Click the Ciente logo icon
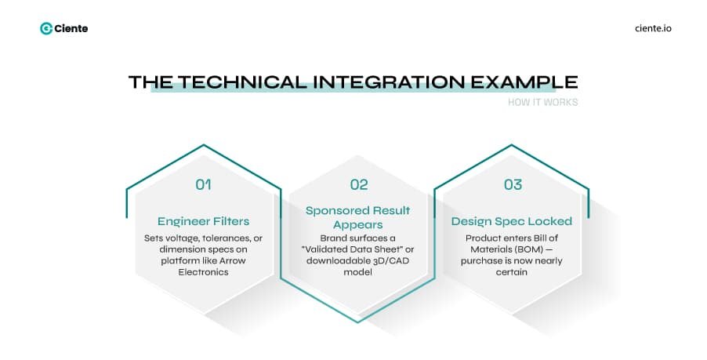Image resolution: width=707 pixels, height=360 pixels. pos(46,28)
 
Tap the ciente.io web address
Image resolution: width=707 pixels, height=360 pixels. pos(653,28)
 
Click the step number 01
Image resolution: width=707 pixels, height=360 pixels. pos(204,185)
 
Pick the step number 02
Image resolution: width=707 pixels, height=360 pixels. pos(359,185)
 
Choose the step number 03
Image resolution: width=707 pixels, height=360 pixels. pos(513,185)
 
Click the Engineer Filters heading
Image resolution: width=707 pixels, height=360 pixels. pos(204,221)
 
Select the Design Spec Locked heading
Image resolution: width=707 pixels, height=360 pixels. pos(512,221)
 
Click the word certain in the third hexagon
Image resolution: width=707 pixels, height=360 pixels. pos(512,271)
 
